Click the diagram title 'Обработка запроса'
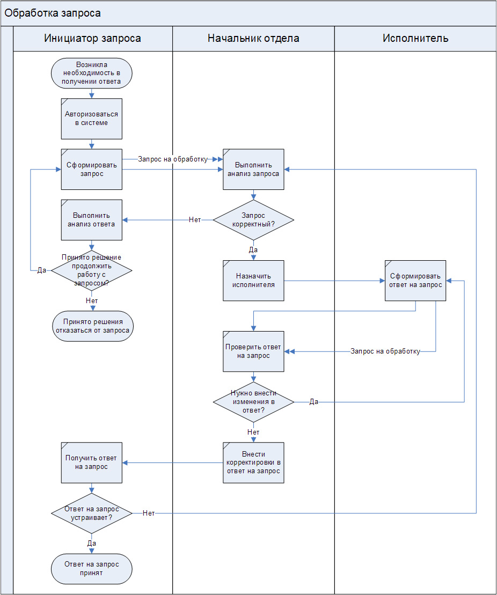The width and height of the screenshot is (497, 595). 53,13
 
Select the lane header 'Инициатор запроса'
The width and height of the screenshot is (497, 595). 92,38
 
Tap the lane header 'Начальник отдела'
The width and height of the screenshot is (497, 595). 253,38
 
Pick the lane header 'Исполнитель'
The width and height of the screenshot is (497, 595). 415,38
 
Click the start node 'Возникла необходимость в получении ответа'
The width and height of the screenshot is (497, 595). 92,73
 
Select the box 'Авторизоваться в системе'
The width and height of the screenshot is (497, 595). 92,119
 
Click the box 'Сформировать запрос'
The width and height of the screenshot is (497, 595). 92,169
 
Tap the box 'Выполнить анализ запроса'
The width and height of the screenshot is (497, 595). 253,169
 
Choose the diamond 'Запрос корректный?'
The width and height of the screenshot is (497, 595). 253,219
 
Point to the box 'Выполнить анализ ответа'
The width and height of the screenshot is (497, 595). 92,219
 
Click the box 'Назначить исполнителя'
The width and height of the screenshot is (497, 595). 253,281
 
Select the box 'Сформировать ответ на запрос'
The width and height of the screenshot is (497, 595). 415,281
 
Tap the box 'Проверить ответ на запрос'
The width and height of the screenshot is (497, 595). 253,351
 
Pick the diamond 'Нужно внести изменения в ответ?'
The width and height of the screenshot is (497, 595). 253,402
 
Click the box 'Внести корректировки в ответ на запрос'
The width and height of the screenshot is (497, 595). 253,462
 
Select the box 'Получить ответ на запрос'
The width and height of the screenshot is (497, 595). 92,462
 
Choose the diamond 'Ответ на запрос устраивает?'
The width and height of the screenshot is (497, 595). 92,513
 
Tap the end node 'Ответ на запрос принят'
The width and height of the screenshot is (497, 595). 92,569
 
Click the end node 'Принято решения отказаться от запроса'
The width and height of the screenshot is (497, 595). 92,326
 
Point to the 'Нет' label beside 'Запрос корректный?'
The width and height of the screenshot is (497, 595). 195,220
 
